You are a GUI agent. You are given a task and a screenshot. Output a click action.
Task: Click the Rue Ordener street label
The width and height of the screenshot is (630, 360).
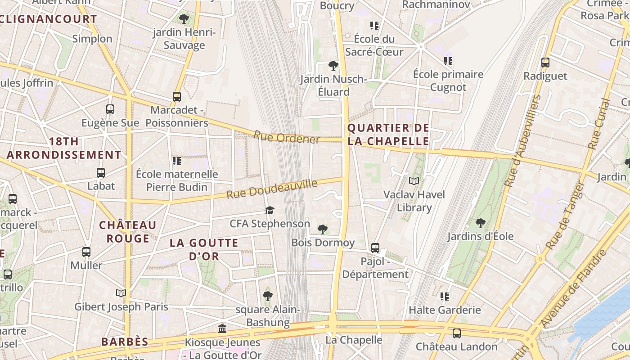coord(287,137)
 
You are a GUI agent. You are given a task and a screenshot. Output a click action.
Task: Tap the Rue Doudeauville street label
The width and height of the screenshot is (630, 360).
coord(272,189)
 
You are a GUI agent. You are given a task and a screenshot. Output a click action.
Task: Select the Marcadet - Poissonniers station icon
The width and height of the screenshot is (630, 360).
coord(177,96)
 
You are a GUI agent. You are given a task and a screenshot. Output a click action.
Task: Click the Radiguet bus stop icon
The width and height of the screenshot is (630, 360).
coord(545,63)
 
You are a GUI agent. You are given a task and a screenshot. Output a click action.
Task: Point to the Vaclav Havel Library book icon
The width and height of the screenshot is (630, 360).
coord(414,181)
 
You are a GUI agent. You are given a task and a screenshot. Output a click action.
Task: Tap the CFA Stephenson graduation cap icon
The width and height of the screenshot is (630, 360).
coord(270,210)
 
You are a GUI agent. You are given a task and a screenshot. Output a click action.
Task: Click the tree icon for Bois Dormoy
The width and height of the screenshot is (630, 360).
coord(323,229)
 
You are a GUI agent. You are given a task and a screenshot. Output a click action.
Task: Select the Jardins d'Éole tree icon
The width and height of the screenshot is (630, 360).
coord(481,223)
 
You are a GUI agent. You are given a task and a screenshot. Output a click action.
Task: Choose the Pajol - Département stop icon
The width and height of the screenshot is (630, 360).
coord(375,248)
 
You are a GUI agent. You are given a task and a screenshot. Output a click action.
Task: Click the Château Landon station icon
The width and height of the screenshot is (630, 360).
coord(457,333)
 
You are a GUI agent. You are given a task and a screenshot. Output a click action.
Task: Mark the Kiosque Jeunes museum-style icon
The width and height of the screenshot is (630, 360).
coord(222,329)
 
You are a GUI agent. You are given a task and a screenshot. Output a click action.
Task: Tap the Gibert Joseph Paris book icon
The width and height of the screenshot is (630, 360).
coord(121,293)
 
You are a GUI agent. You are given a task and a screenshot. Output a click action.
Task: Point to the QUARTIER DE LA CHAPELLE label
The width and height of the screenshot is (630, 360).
coord(388,135)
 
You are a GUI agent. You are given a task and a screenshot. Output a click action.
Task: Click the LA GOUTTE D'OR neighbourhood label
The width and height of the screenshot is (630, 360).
coord(204,249)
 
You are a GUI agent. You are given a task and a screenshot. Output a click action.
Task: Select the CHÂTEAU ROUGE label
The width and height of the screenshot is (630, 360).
coord(128,231)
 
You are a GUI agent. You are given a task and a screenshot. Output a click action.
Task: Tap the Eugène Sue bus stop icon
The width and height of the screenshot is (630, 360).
coord(110,109)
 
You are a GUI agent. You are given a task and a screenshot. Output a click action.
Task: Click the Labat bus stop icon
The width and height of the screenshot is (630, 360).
coord(101,173)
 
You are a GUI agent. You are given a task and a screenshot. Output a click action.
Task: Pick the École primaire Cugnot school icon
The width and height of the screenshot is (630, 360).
coord(448,61)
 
